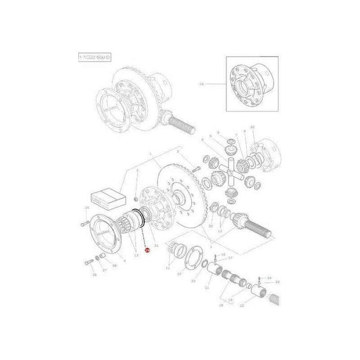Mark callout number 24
268,278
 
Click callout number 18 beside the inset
201,84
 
